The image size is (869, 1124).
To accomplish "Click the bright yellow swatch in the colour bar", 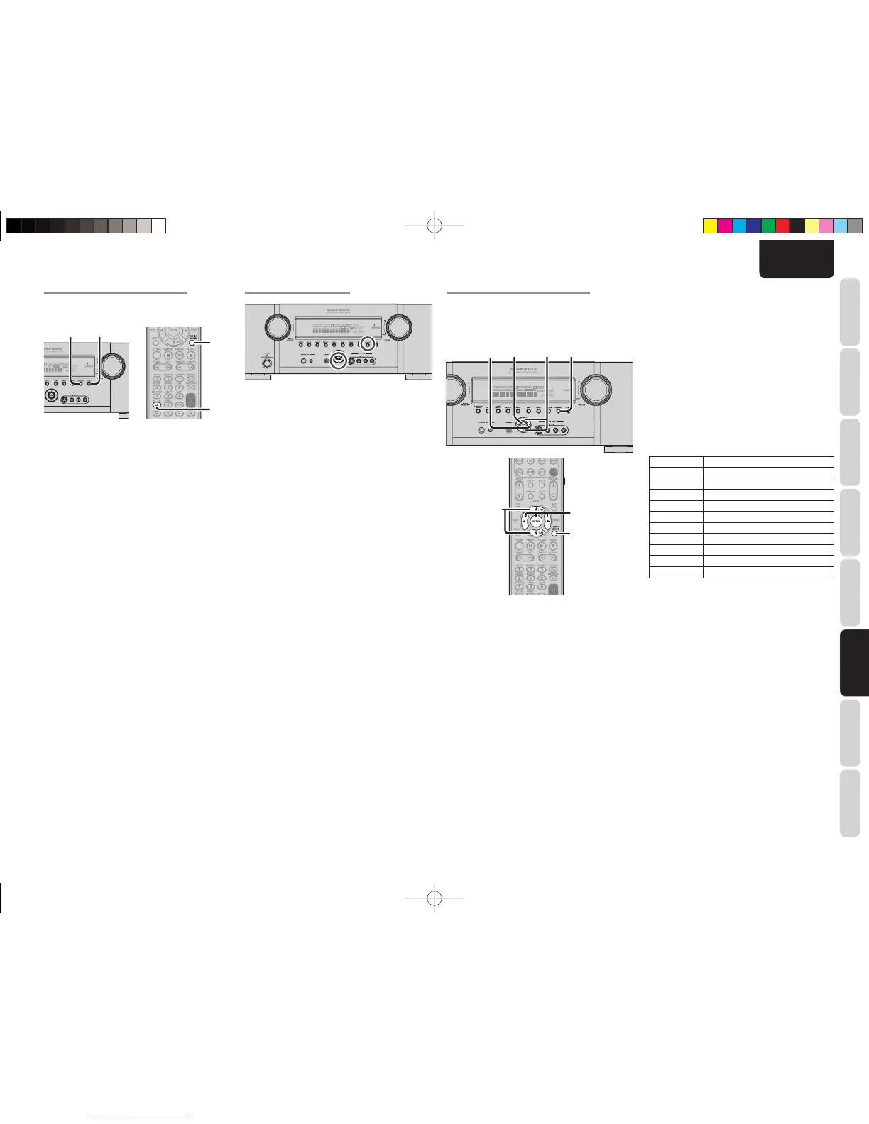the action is [x=709, y=226].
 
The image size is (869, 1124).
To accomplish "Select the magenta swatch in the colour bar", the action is [x=724, y=226].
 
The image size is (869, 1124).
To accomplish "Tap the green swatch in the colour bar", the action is [x=767, y=226].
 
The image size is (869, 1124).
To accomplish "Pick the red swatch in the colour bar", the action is [x=782, y=226].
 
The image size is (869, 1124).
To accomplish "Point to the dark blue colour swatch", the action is [x=753, y=226].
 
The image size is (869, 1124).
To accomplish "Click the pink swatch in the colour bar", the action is [x=826, y=226].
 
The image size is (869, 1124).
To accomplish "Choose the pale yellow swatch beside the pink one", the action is [x=811, y=226].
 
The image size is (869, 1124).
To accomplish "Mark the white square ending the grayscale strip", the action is [x=159, y=226].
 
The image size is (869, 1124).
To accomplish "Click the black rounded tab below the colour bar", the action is [x=796, y=259].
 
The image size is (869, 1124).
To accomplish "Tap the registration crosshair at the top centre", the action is [x=434, y=226].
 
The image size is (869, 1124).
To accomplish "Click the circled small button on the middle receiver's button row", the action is [x=367, y=342].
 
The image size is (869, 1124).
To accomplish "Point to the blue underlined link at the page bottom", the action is [x=141, y=1118].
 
